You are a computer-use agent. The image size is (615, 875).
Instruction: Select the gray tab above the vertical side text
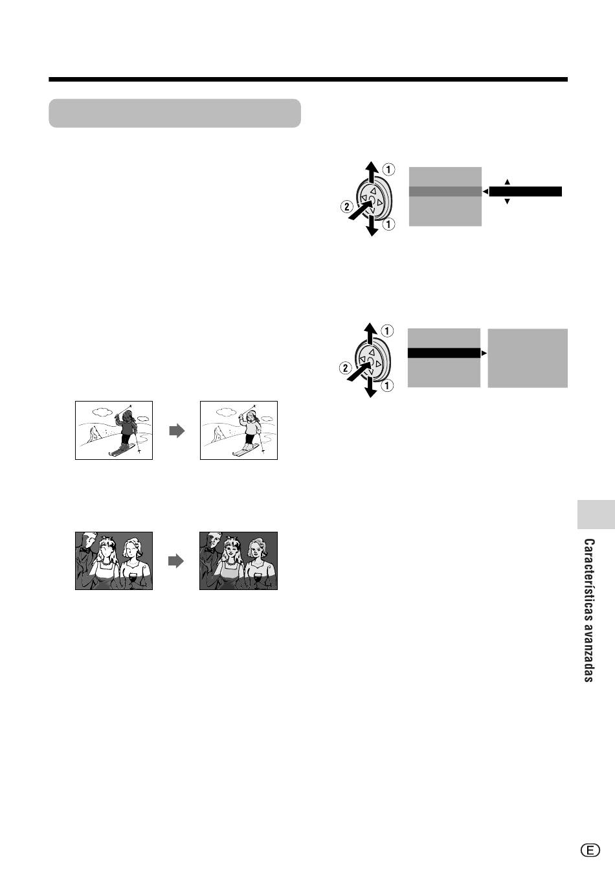[596, 514]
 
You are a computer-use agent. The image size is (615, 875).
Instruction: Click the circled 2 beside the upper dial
[347, 206]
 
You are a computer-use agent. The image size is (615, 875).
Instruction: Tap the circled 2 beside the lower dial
[346, 368]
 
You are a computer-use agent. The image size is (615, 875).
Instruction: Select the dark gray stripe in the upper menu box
[445, 192]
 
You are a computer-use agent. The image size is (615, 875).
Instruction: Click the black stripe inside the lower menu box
[444, 353]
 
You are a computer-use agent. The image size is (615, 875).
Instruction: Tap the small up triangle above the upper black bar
[508, 182]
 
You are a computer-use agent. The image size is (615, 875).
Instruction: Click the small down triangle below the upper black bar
[508, 201]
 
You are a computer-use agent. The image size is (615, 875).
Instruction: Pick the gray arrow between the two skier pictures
[177, 431]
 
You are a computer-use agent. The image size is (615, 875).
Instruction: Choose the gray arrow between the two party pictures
[176, 561]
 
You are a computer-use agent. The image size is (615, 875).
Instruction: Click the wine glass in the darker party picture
[258, 579]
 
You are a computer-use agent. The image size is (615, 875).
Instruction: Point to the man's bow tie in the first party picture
[84, 549]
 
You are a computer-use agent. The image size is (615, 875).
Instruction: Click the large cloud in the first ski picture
[102, 411]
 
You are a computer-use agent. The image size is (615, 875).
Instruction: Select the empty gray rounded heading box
[175, 113]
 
